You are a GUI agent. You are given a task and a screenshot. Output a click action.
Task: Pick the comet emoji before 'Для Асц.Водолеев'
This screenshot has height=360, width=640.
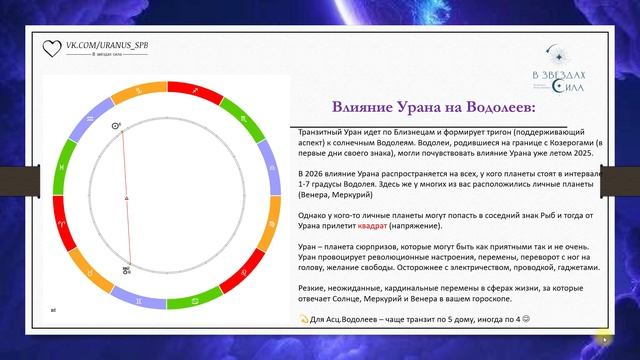(x=304, y=319)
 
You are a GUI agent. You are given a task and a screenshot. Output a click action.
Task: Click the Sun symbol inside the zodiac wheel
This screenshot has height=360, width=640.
(x=117, y=127)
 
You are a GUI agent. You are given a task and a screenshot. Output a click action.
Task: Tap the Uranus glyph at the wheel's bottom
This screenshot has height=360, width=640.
(x=126, y=268)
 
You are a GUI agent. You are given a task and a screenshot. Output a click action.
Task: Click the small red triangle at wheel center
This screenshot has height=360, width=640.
(x=126, y=199)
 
